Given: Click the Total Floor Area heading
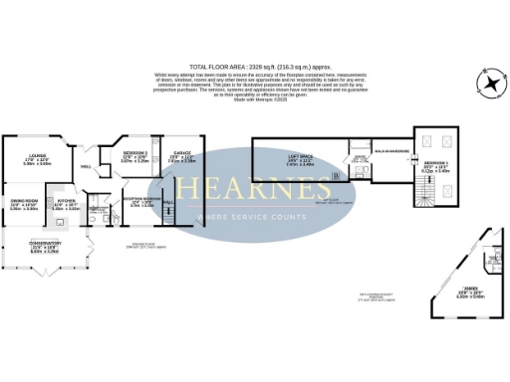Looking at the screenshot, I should point(254,68).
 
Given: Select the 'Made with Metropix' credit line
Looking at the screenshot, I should point(255,99).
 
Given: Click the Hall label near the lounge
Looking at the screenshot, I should point(86,166).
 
